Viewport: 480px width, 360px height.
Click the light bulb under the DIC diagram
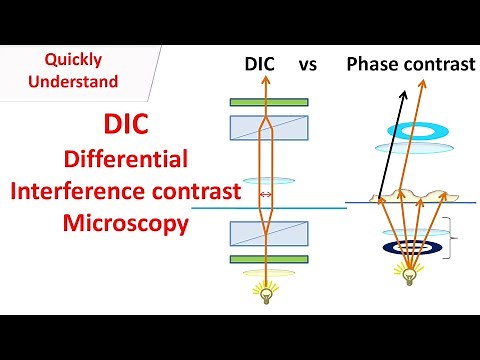[x=265, y=291]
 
